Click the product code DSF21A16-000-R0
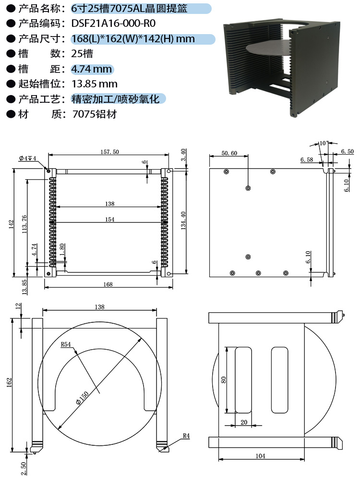(113, 24)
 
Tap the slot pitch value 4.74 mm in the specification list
(92, 69)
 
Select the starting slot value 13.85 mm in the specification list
(94, 84)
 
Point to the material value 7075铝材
(95, 114)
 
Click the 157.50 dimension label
(110, 152)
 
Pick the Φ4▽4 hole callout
(28, 158)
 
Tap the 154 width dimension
(110, 220)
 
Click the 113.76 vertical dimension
(24, 224)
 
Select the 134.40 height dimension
(183, 220)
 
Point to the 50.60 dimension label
(229, 153)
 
